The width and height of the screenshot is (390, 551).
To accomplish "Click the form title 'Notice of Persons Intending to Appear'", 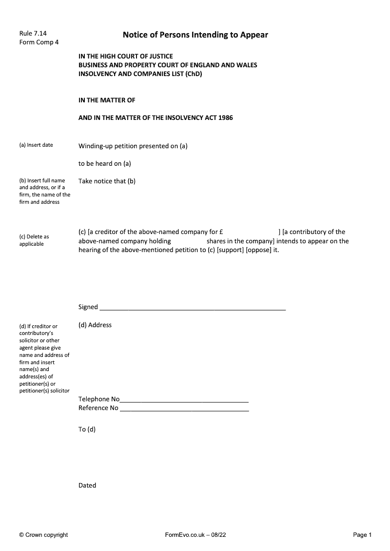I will click(195, 35).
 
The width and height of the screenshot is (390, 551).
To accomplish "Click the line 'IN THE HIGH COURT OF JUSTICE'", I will click(126, 57).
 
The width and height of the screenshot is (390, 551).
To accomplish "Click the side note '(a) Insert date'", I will click(36, 145).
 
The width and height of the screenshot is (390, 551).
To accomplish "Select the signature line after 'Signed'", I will click(193, 308).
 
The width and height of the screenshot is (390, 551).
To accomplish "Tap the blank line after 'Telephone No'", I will click(184, 400).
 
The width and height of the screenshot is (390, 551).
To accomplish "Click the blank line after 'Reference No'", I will click(184, 409).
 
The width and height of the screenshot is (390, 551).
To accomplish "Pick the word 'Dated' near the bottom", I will click(87, 486).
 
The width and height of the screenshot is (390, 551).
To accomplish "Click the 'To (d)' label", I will click(87, 430).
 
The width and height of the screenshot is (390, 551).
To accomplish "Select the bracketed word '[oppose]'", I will click(258, 250).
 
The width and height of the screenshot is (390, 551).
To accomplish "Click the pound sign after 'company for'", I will click(221, 232).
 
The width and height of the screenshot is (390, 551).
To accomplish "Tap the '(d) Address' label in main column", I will click(95, 325).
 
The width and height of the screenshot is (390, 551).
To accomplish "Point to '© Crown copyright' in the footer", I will click(43, 535).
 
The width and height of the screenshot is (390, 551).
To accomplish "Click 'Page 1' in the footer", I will click(362, 535).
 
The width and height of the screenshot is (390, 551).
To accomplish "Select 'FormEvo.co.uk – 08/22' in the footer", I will click(195, 535).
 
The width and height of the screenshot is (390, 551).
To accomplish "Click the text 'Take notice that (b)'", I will click(107, 181).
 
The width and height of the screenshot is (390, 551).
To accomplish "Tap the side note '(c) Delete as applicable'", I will click(34, 240).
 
